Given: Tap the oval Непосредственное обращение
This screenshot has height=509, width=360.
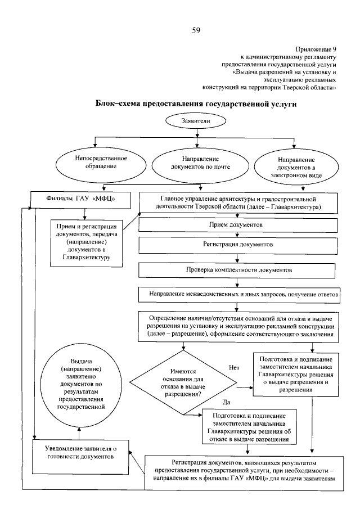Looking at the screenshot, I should pyautogui.click(x=101, y=163).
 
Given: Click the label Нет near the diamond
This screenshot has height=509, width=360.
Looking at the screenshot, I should pyautogui.click(x=234, y=367).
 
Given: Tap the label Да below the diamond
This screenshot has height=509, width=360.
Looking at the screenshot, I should pyautogui.click(x=227, y=402).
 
